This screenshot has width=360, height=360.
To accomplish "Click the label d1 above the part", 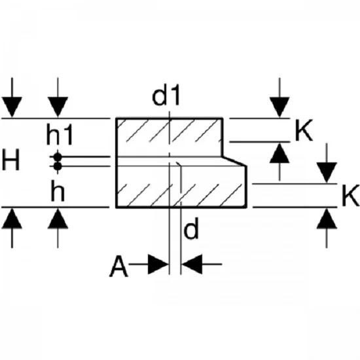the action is pos(166,95).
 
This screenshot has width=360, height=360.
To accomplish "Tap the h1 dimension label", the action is pos(60,134).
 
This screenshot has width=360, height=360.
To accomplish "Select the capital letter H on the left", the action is pos(10,160).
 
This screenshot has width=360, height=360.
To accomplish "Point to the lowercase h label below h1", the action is pos(58,190).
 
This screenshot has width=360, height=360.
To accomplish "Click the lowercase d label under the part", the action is pos(191,228).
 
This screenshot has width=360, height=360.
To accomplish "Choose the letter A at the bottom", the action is pos(118,266).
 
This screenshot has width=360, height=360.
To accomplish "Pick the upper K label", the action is pos(304,130).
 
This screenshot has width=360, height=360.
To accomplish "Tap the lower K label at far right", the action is pos(350,196).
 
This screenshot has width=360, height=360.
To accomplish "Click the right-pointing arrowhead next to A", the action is pos(158,264).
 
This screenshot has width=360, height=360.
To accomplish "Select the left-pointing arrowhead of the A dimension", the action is pos(192,264).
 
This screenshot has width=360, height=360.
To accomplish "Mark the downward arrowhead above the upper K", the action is pos(279,107).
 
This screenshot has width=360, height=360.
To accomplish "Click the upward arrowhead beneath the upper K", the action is pos(279,153).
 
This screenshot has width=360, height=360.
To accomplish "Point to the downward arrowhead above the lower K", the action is pos(327,173).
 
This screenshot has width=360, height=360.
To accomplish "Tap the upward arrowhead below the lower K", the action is pos(327,219).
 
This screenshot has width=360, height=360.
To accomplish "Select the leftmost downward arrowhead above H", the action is pos(12,107).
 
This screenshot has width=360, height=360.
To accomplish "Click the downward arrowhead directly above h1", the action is pos(58,107).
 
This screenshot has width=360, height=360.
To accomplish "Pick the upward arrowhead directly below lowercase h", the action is pos(58,219).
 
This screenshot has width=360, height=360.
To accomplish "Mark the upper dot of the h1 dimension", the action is pos(58,157).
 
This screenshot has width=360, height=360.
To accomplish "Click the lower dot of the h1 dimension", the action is pos(58,166).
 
